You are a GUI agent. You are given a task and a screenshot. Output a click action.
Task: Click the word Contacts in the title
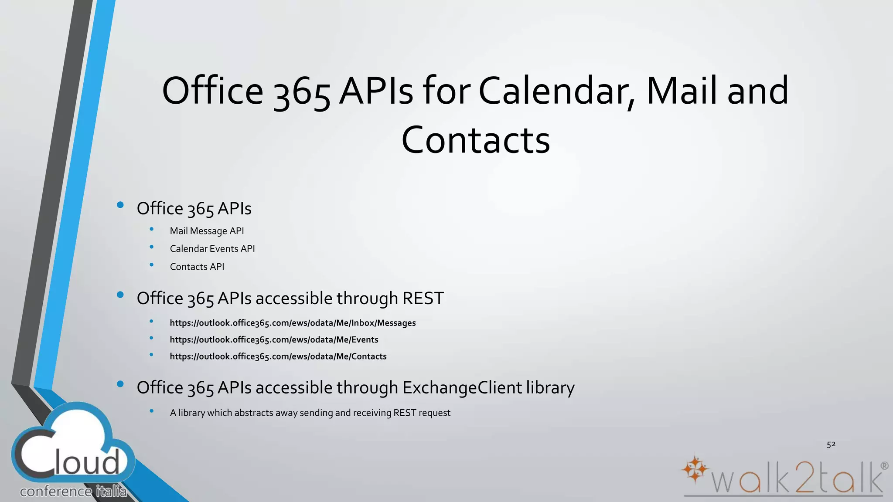[x=475, y=140]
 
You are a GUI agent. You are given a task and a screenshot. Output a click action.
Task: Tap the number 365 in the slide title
[x=301, y=92]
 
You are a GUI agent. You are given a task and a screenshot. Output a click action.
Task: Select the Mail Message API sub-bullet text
[x=207, y=231]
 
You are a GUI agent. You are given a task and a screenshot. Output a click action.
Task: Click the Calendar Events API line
[x=212, y=249]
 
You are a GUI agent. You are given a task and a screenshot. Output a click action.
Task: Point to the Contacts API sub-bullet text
[x=197, y=267]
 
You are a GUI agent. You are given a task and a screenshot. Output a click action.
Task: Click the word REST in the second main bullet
[x=423, y=298]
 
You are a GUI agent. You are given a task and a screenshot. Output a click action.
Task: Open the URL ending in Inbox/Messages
[x=293, y=323]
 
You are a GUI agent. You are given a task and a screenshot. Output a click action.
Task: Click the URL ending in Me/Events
[x=274, y=339]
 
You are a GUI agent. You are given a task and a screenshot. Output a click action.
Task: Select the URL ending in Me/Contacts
[x=278, y=356]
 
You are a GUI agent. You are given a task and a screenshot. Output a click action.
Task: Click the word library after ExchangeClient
[x=550, y=388]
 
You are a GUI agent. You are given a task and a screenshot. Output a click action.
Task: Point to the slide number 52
[x=831, y=444]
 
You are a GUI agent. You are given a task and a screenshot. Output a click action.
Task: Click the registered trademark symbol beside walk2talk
[x=884, y=466]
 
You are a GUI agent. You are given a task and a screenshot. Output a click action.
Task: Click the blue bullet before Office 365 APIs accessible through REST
[x=121, y=295]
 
